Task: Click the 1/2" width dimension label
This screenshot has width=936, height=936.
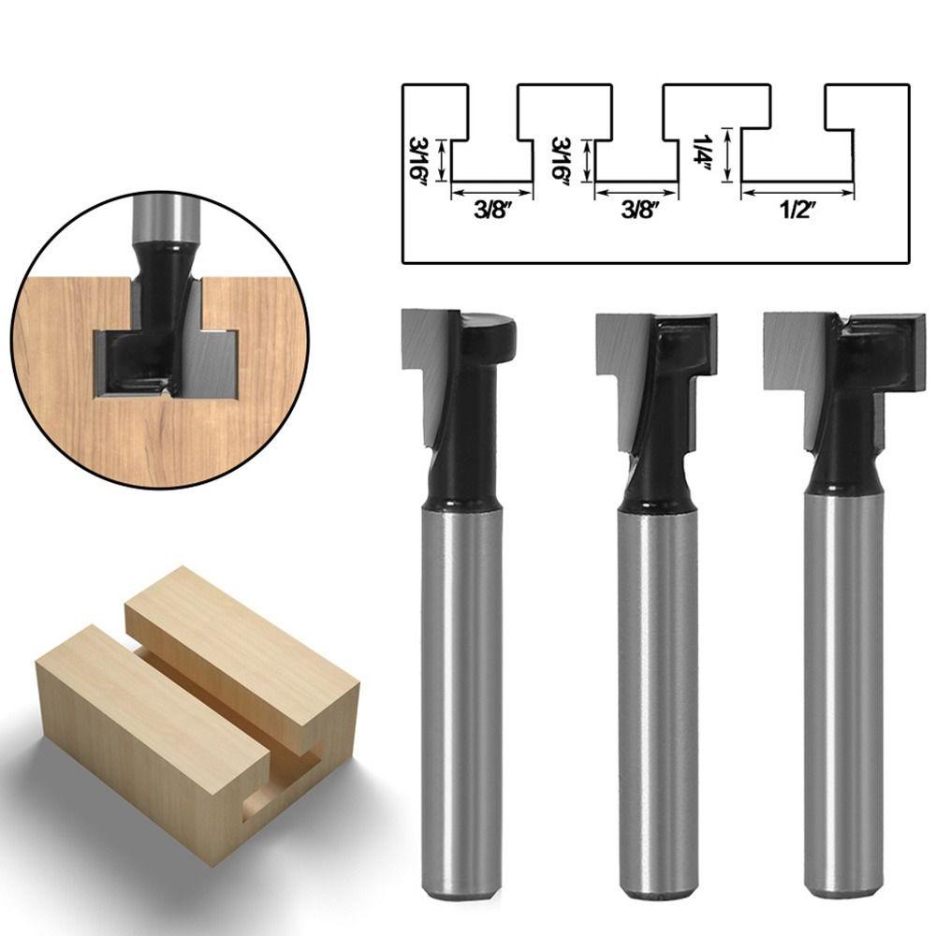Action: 797,211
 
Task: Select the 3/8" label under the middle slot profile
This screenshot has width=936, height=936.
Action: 639,210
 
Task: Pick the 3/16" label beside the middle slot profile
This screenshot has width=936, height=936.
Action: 561,161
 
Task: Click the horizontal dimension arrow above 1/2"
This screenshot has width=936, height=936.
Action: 797,192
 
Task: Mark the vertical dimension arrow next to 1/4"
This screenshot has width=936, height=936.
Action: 727,154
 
